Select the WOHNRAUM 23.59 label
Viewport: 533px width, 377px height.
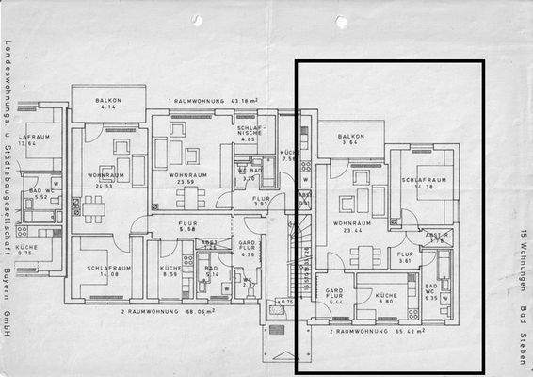188,179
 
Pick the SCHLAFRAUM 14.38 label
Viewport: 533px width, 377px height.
422,184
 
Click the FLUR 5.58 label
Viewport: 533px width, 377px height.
187,226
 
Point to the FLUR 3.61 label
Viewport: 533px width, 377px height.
405,257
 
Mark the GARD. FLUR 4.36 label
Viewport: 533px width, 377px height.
248,249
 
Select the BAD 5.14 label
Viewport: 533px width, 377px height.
211,271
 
